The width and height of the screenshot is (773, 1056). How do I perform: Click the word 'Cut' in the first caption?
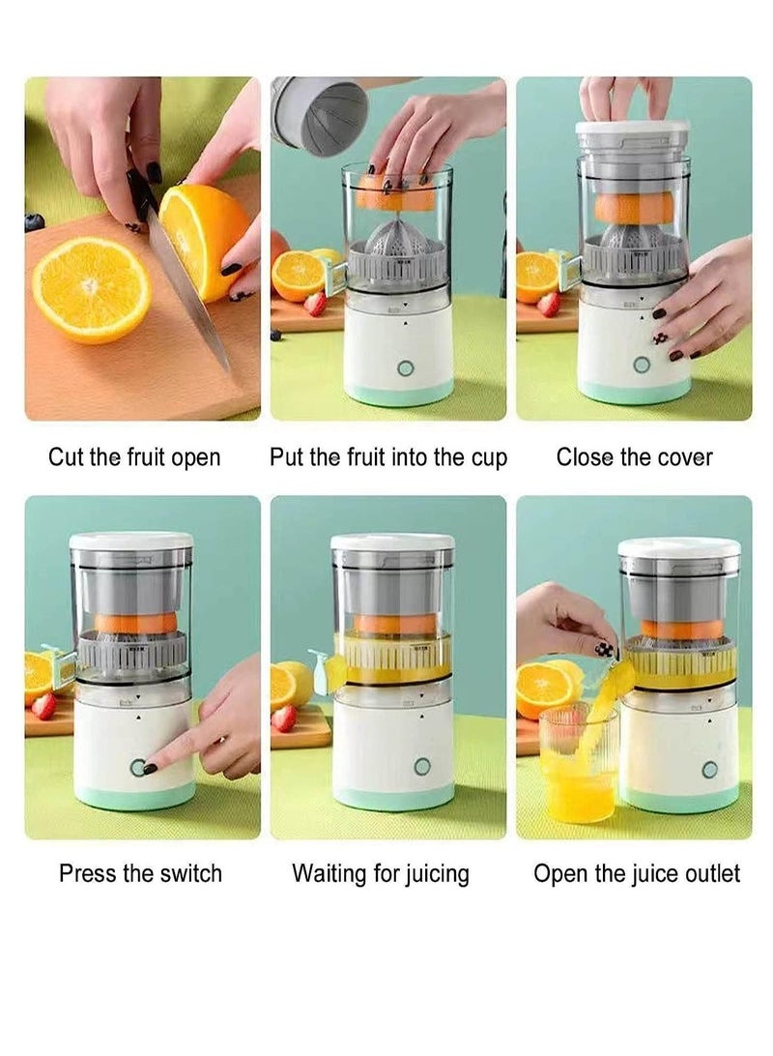coord(66,457)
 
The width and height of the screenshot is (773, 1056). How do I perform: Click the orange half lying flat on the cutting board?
coord(92,289)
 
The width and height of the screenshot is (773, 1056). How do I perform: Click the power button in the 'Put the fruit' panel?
coord(405,368)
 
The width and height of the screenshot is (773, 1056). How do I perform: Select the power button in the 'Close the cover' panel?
coord(642,365)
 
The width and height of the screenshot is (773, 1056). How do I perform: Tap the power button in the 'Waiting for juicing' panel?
coord(422,767)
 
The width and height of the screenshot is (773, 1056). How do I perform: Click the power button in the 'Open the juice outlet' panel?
coord(710,770)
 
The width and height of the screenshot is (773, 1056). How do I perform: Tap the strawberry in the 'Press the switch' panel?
coord(43,707)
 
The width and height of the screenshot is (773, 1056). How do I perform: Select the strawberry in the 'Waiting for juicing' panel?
coord(285,718)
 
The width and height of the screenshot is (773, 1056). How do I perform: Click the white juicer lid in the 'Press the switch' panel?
coord(131,541)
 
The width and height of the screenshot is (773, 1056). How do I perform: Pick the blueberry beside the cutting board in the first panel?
coord(34,220)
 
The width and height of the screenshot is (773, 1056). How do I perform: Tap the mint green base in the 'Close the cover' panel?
coord(635,390)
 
